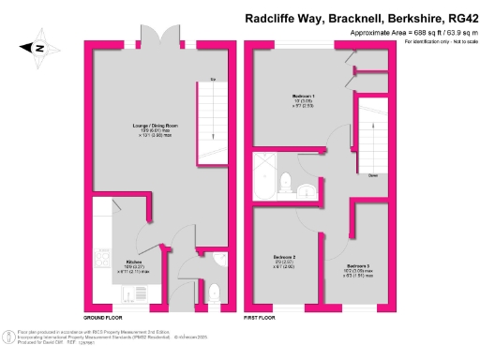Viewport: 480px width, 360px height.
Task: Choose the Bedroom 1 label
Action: coord(302,97)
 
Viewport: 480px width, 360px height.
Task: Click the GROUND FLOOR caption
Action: coord(105,318)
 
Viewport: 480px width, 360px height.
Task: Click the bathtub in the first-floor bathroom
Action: coord(266,176)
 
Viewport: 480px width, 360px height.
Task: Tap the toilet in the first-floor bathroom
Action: coord(307,191)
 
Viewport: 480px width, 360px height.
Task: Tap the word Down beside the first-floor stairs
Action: coord(372,175)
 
